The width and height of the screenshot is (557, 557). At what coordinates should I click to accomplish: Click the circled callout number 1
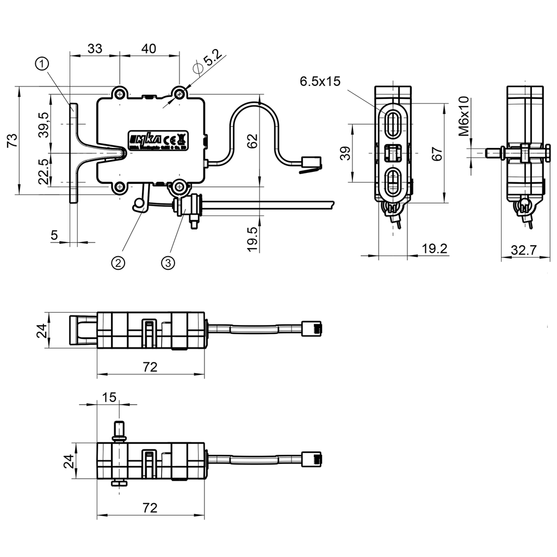(x=43, y=64)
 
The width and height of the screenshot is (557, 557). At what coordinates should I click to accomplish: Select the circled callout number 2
(x=118, y=263)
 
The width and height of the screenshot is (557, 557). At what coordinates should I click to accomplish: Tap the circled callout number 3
(x=168, y=263)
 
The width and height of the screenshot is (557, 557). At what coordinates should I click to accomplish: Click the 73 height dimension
(x=12, y=140)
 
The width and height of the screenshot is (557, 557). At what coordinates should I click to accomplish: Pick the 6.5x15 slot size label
(x=320, y=82)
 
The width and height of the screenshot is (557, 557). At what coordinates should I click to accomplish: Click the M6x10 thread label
(x=463, y=116)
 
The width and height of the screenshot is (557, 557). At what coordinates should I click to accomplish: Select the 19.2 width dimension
(x=435, y=249)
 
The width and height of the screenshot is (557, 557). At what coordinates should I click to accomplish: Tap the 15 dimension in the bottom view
(x=109, y=397)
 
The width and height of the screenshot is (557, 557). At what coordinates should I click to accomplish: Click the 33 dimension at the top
(x=95, y=48)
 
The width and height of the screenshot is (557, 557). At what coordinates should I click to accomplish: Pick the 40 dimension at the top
(x=148, y=48)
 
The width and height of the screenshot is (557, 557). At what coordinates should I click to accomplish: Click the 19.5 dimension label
(x=251, y=239)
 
